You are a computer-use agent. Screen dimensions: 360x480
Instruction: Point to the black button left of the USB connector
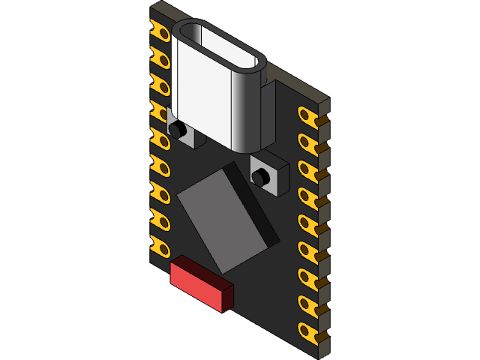178,130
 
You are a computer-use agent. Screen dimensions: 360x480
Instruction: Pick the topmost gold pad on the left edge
160,31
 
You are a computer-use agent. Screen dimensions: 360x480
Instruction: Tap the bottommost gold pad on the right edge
307,329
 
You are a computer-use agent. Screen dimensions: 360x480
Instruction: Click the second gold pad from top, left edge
160,56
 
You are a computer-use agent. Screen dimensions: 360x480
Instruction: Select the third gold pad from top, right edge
307,168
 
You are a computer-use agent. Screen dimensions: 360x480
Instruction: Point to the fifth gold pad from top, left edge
160,137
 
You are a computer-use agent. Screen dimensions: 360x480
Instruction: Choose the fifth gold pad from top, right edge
307,222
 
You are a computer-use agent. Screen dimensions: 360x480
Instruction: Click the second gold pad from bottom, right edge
307,302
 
